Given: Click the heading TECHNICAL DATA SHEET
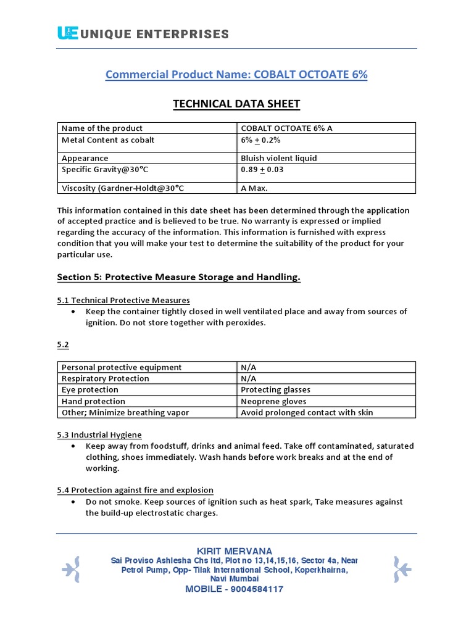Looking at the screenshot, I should tap(236, 104).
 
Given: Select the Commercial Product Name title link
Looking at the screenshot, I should tap(236, 75).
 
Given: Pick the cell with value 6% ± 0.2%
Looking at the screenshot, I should tap(260, 140).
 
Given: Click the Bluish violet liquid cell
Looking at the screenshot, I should tap(278, 158).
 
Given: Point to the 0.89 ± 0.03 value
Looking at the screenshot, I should tap(262, 169).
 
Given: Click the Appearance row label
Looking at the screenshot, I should tap(85, 158).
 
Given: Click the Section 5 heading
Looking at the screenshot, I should tap(179, 277).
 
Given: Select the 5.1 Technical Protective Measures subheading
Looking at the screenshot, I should tap(123, 300).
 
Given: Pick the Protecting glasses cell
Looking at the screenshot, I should tap(275, 389).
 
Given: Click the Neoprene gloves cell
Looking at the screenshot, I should tap(273, 401).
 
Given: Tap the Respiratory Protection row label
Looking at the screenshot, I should tap(106, 378).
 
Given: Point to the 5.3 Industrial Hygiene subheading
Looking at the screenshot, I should tap(99, 434).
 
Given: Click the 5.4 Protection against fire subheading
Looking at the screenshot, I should tap(135, 490).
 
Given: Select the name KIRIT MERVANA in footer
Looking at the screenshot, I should tap(234, 551).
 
